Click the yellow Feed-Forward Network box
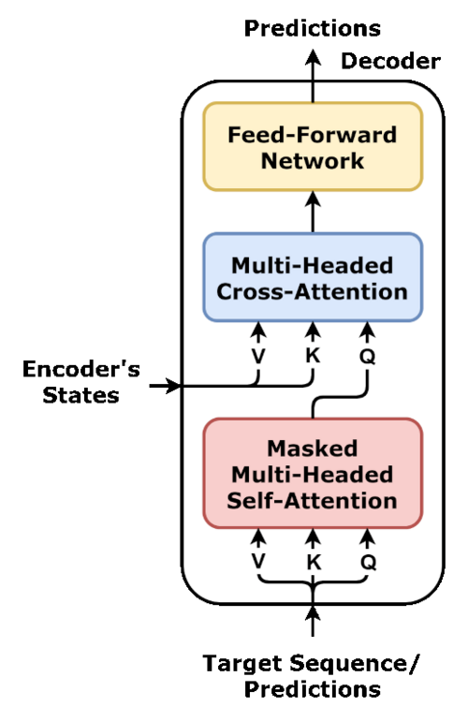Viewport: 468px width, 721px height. coord(313,147)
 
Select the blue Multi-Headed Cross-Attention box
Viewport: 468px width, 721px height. coord(313,277)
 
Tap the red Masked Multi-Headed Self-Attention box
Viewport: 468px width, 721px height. coord(313,474)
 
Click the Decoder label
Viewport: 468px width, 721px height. coord(390,61)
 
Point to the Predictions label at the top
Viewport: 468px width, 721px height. coord(313,28)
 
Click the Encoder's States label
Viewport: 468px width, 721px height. coord(80,382)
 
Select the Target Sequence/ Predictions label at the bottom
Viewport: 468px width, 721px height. coord(312,676)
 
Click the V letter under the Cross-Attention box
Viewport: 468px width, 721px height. coord(258,356)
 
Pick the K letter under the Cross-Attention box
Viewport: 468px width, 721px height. coord(313,356)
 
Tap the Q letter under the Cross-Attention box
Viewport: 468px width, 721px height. coord(367,357)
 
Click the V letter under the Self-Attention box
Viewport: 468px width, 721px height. coord(258,561)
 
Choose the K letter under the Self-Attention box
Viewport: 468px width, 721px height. coord(313,561)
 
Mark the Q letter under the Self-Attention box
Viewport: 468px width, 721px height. coord(368,562)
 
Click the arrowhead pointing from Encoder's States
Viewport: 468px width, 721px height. coord(175,386)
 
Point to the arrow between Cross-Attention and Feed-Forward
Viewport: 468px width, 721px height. coord(313,212)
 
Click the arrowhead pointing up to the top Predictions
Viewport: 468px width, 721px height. coord(313,58)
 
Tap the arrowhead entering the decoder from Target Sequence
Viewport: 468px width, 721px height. coord(313,613)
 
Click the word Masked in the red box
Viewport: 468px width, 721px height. coord(313,449)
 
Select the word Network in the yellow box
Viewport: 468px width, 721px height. coord(313,161)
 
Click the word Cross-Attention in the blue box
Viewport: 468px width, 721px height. coord(312,291)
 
